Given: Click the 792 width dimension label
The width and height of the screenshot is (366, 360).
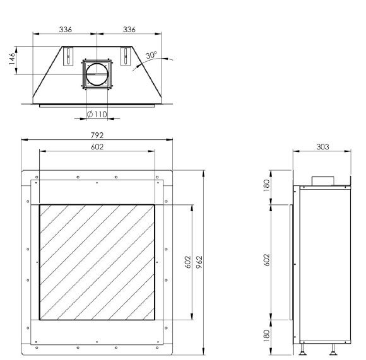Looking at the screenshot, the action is pyautogui.click(x=97, y=135).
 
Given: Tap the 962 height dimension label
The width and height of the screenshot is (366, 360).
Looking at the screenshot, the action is pyautogui.click(x=199, y=262).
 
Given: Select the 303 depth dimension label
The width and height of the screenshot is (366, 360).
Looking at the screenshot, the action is pyautogui.click(x=323, y=147).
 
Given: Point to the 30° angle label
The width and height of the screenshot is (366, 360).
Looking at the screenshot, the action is pyautogui.click(x=151, y=55).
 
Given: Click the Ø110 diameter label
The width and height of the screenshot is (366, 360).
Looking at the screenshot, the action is pyautogui.click(x=97, y=114).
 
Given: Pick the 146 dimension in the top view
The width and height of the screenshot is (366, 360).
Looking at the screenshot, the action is pyautogui.click(x=12, y=59).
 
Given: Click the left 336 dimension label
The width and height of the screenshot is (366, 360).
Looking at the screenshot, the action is pyautogui.click(x=66, y=30).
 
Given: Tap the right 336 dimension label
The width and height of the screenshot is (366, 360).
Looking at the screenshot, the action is pyautogui.click(x=129, y=30).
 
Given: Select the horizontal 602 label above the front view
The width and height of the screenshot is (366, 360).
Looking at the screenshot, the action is pyautogui.click(x=97, y=147).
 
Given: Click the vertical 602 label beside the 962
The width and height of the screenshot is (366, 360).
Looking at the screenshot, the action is pyautogui.click(x=188, y=262).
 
